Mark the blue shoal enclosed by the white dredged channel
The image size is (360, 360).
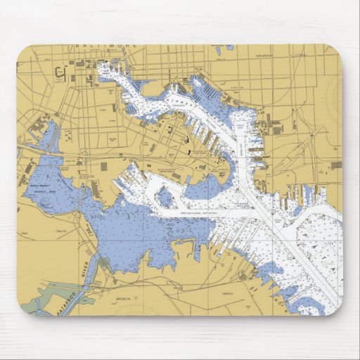(167, 199)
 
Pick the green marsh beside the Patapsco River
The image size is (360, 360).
(32, 304)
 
